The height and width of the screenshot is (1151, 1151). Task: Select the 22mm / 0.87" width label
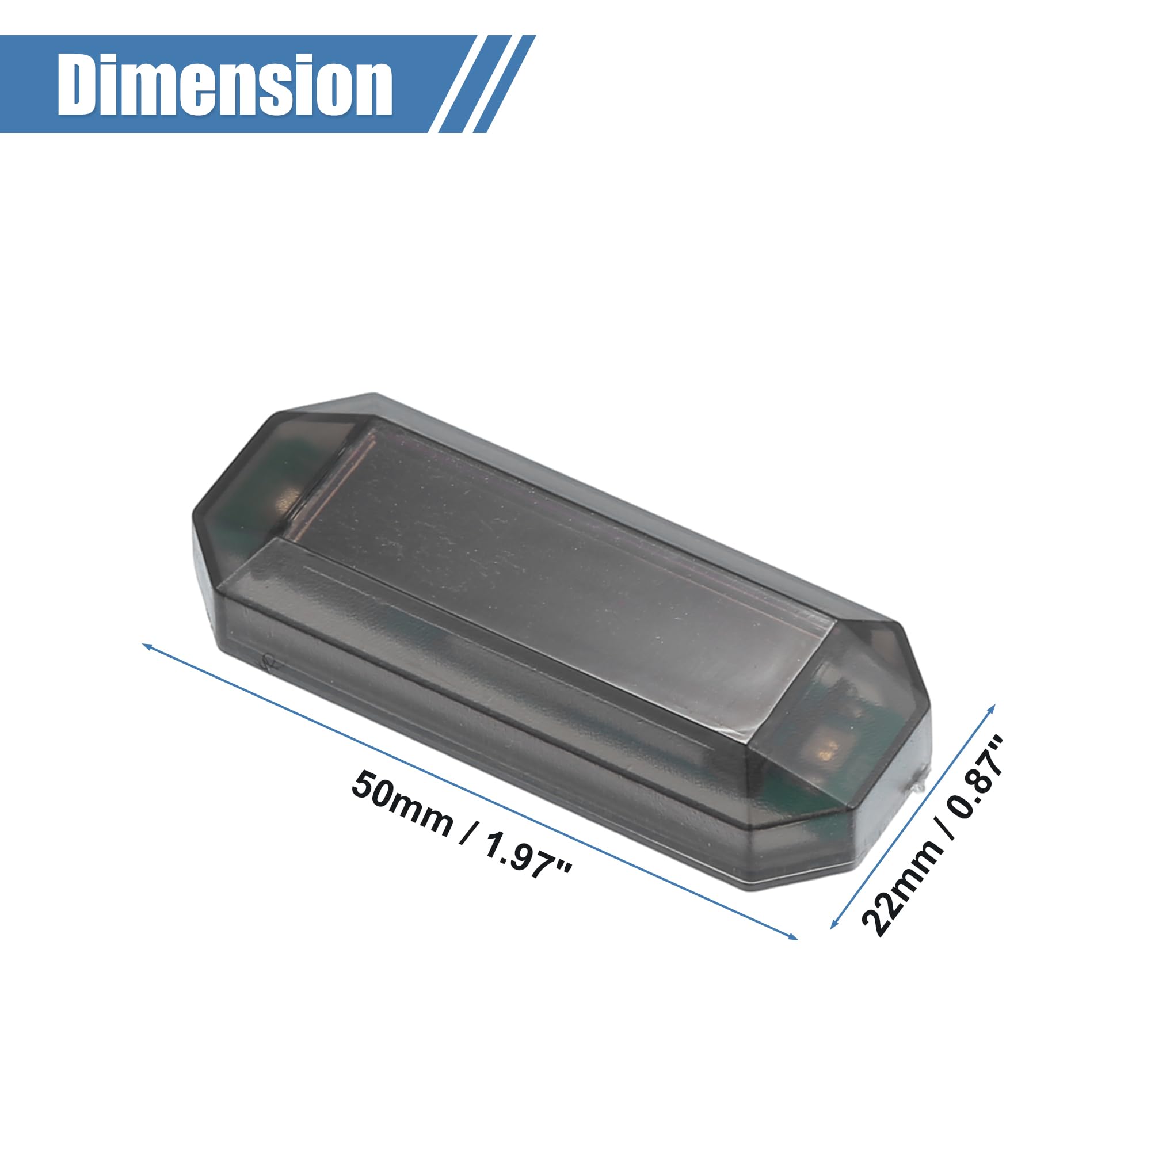[x=932, y=836]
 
